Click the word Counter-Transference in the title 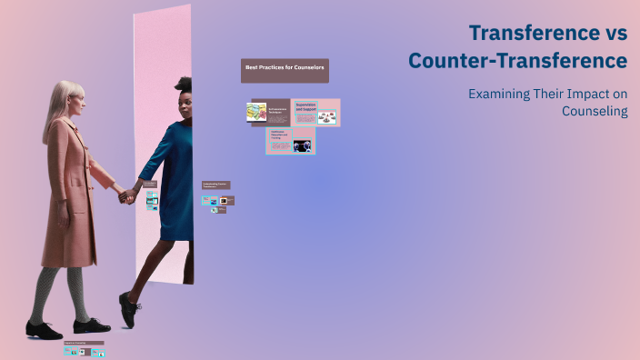(517, 62)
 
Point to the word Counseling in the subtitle (595, 111)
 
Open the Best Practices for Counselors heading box (285, 69)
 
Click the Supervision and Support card (316, 113)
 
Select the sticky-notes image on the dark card (255, 113)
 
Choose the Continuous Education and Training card (290, 141)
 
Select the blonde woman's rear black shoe (42, 330)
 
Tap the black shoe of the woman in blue (129, 309)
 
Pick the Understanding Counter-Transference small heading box (215, 185)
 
